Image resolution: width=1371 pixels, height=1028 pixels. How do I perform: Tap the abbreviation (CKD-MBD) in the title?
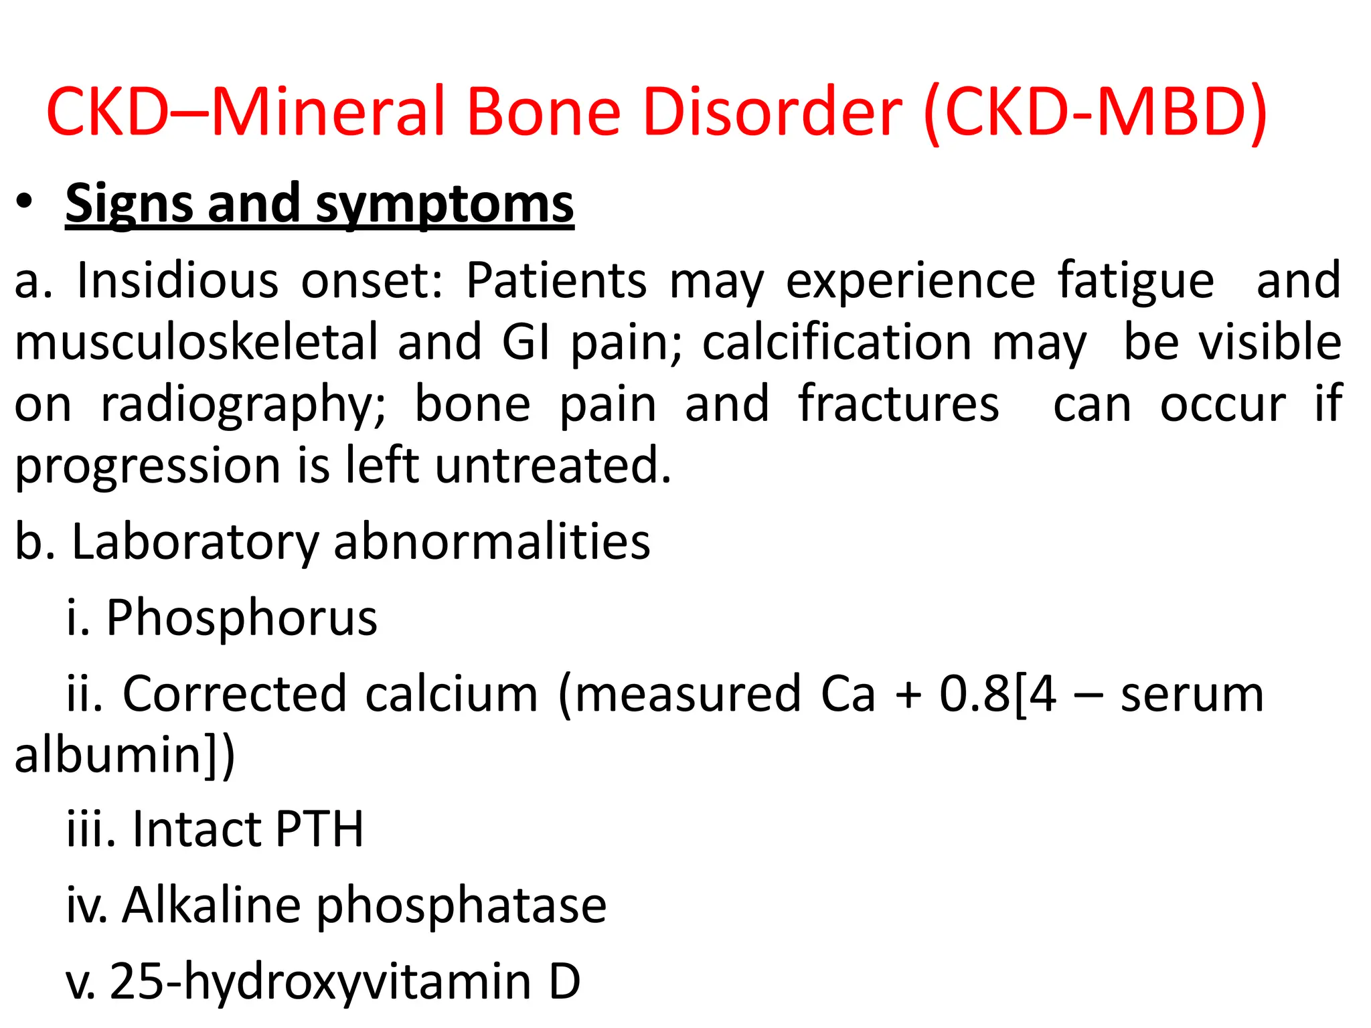(1095, 112)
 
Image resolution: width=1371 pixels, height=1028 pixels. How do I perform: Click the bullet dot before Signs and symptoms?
(25, 202)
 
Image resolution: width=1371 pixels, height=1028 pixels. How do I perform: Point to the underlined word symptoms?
(445, 204)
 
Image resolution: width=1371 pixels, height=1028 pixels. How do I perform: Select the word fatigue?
(1135, 281)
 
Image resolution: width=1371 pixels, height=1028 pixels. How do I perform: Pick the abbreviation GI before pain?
(526, 342)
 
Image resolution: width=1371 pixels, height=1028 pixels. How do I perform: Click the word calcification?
(836, 342)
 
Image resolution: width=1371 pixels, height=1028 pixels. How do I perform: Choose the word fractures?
(898, 404)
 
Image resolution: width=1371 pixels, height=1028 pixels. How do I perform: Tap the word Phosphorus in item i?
(242, 617)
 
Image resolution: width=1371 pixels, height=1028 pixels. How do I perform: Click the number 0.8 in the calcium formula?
(974, 694)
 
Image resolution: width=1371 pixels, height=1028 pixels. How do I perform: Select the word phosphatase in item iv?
(461, 906)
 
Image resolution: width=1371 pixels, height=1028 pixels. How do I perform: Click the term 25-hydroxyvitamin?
(321, 982)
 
